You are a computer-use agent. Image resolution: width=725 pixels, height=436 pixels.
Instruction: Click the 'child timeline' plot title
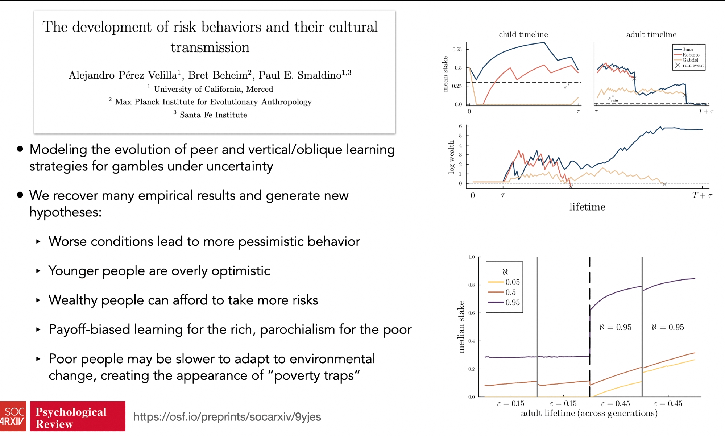523,34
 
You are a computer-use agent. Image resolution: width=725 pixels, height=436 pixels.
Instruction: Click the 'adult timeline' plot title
651,34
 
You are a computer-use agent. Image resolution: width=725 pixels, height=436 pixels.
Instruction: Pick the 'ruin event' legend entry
689,65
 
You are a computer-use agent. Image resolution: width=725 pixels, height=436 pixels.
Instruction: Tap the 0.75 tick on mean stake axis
457,49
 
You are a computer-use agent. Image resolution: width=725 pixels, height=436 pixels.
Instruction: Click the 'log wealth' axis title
451,157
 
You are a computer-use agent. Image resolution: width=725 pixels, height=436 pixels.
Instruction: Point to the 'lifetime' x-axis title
587,207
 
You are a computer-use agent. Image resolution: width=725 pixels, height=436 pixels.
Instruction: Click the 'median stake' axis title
461,327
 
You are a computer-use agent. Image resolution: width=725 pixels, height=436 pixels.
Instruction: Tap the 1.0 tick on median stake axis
471,257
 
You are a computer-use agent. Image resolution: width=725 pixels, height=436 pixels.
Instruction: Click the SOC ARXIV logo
13,416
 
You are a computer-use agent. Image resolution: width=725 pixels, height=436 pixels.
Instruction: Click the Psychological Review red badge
78,416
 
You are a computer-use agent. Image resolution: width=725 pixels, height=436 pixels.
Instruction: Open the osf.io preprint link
227,417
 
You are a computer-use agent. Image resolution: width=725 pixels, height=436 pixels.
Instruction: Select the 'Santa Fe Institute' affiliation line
210,115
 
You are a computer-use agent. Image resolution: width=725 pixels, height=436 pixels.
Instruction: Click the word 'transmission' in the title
210,47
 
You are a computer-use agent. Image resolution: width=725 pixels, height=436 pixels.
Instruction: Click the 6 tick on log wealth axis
460,126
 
